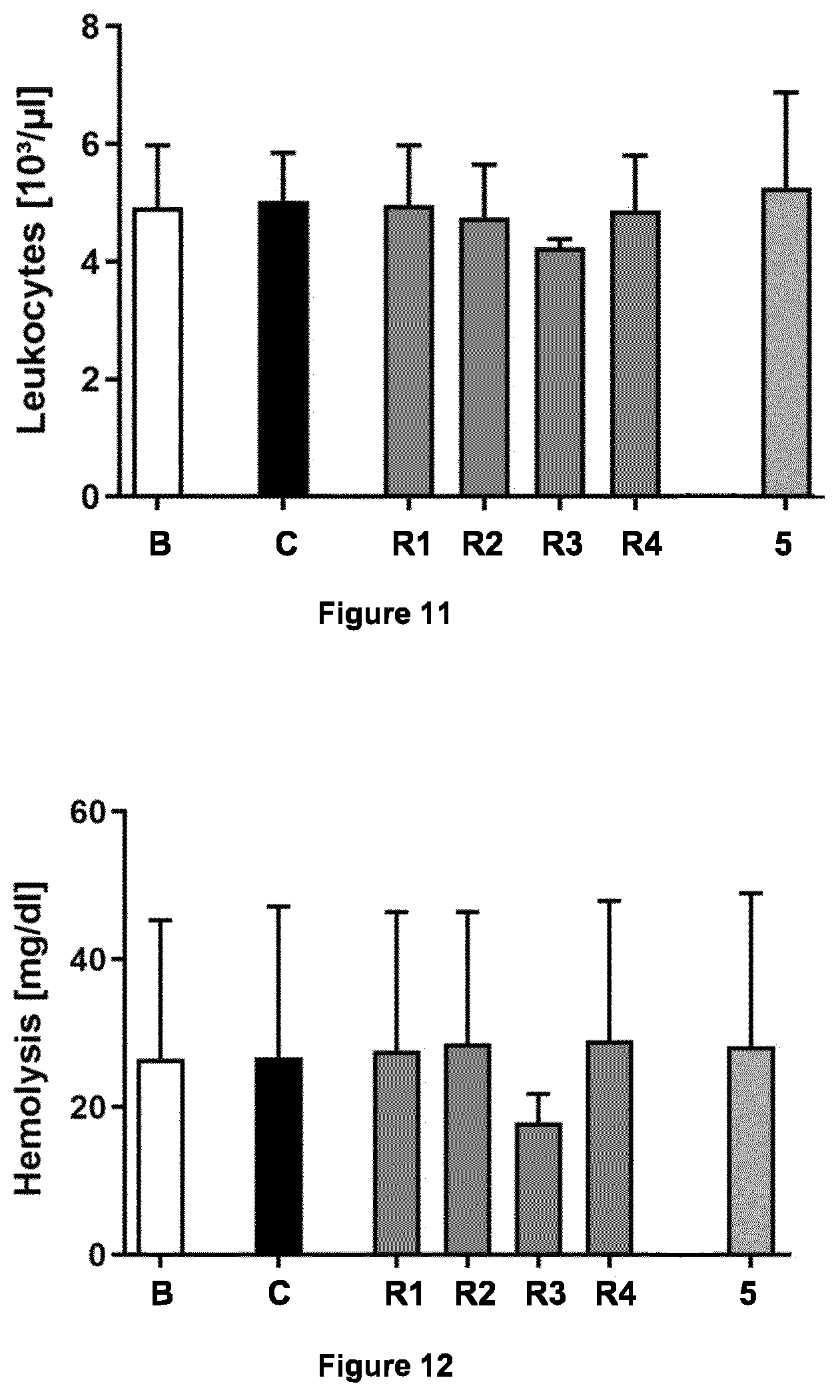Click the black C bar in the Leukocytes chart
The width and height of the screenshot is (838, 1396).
pyautogui.click(x=283, y=348)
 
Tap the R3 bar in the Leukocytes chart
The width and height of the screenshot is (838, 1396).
pyautogui.click(x=560, y=372)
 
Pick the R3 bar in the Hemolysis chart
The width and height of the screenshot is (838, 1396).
pyautogui.click(x=538, y=1188)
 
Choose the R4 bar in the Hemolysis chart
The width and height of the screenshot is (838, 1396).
pyautogui.click(x=609, y=1148)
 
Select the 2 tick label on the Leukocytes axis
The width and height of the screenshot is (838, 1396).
pyautogui.click(x=93, y=380)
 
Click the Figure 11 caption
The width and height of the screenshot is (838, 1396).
pyautogui.click(x=384, y=613)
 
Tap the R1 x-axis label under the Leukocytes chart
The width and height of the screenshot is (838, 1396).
pyautogui.click(x=411, y=545)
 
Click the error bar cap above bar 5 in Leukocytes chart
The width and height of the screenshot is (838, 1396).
pyautogui.click(x=786, y=92)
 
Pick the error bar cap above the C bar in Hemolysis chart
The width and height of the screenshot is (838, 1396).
pyautogui.click(x=279, y=906)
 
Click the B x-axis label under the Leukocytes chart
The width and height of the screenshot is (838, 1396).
pyautogui.click(x=161, y=545)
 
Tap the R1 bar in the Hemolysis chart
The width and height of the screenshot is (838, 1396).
pyautogui.click(x=397, y=1153)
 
